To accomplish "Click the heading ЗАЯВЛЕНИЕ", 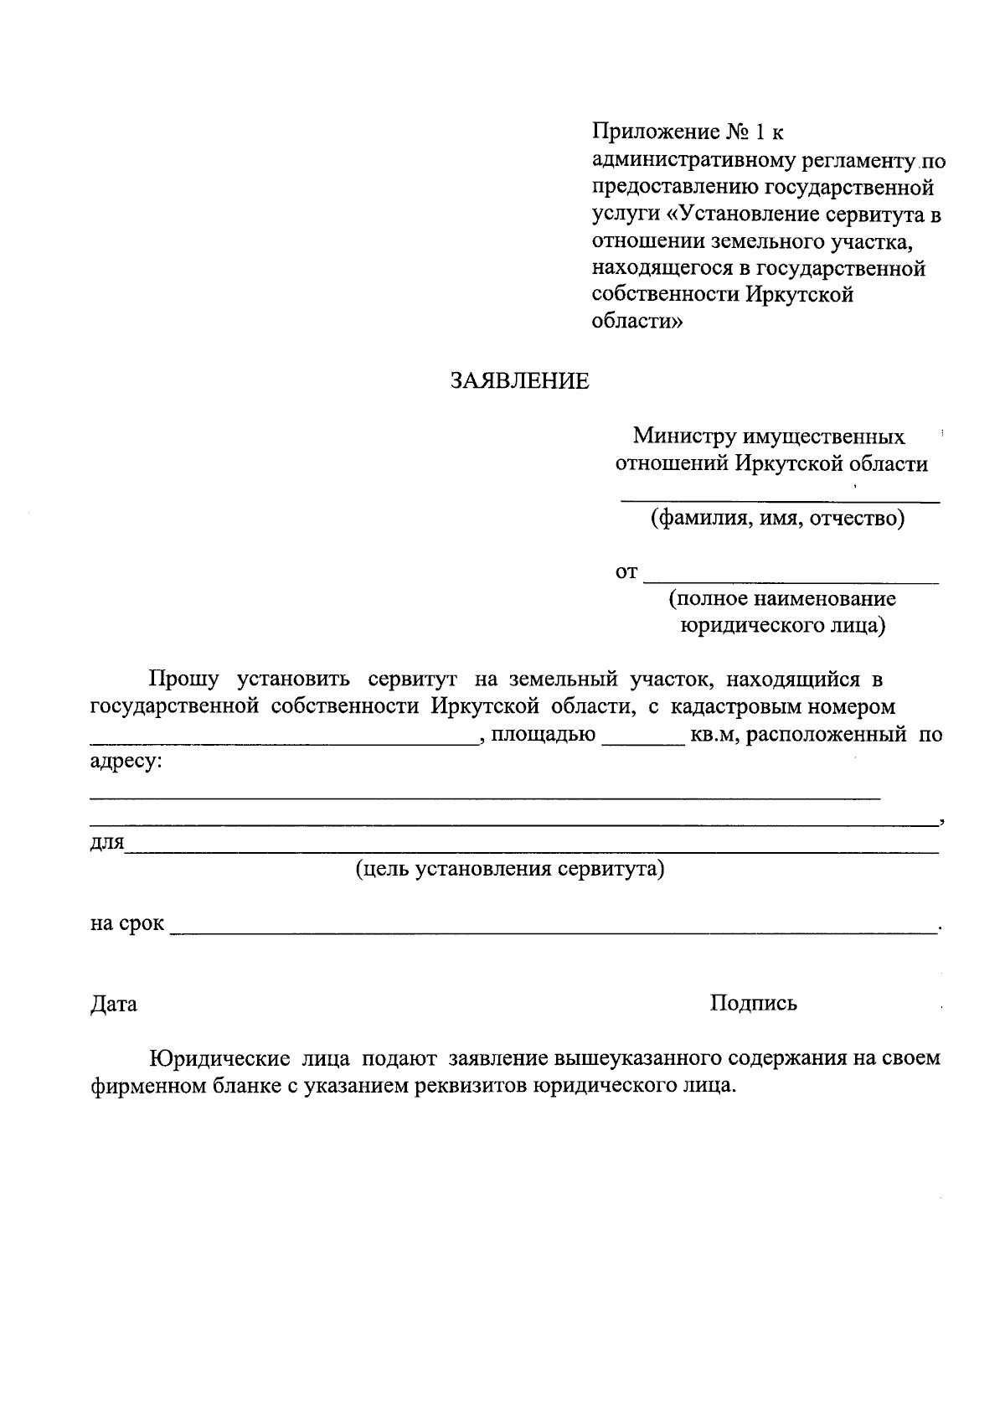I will pos(519,381).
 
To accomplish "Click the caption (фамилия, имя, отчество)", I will pos(778,519).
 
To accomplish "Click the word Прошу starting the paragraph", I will pos(184,679).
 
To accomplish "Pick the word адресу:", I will pos(126,762).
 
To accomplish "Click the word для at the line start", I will pos(106,842).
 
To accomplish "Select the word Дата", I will pos(114,1004).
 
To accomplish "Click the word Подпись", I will pos(753,1003).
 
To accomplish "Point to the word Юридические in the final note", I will pos(219,1058).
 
